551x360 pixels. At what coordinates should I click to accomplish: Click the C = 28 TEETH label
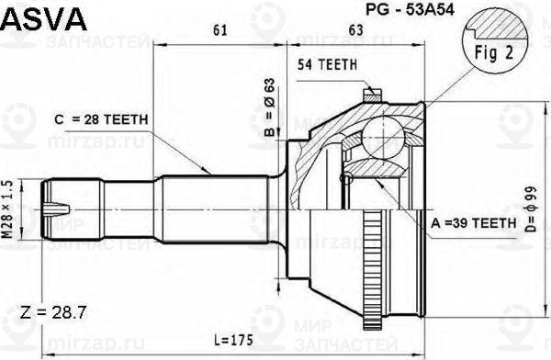point(96,119)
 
